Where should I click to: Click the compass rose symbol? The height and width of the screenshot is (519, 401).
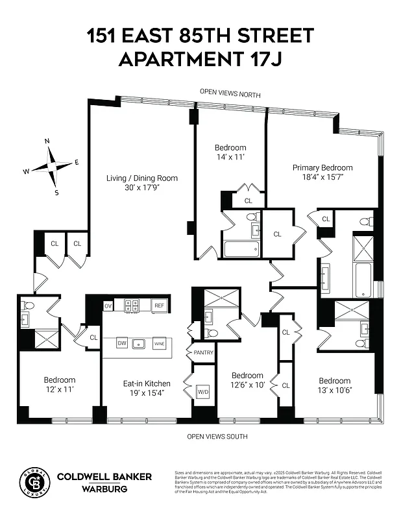(51, 166)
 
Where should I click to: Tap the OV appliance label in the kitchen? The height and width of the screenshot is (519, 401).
(108, 306)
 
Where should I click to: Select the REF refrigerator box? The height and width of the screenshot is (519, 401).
(158, 306)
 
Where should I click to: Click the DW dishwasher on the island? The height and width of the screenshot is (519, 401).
(121, 343)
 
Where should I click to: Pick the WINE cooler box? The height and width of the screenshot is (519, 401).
(159, 344)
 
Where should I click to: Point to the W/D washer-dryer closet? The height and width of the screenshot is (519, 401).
(202, 392)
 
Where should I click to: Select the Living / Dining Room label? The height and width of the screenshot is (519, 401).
(142, 178)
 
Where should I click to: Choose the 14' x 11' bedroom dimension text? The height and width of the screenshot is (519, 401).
(230, 157)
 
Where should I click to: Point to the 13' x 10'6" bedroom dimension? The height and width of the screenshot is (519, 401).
(334, 391)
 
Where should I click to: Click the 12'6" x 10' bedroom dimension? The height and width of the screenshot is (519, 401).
(247, 385)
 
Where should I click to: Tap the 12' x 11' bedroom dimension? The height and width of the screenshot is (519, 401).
(60, 389)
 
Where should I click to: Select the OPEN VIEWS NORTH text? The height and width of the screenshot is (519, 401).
(230, 95)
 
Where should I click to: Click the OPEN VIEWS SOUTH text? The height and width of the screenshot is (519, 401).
(217, 437)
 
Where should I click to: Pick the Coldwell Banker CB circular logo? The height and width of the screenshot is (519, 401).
(33, 481)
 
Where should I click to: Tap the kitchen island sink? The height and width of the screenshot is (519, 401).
(138, 343)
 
